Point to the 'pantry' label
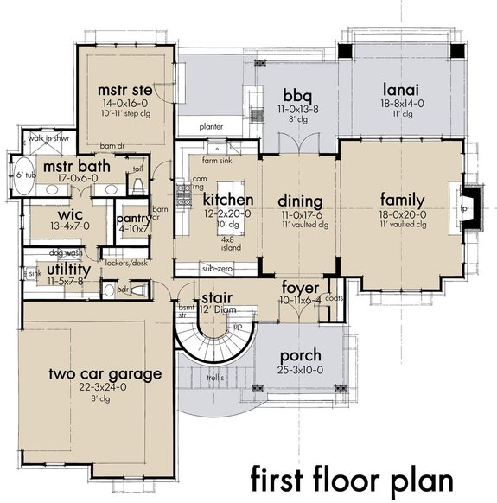click(133, 219)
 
